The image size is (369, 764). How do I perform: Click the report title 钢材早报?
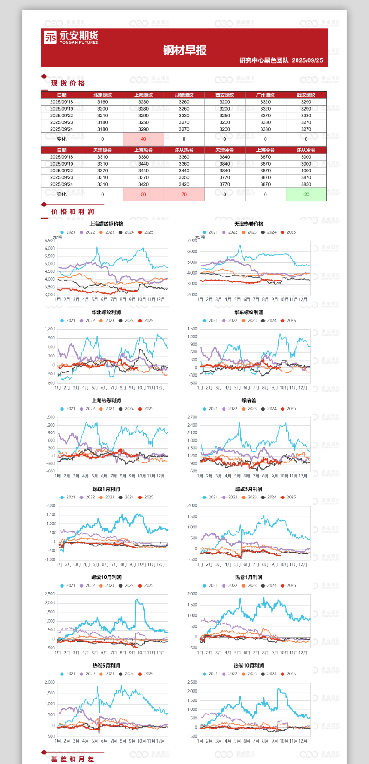point(184,50)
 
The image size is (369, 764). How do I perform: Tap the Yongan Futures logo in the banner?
point(71,37)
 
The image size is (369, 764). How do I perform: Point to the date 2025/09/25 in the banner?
point(307,60)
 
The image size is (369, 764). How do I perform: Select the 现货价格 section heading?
point(68,83)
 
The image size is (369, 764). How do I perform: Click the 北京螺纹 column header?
point(102,95)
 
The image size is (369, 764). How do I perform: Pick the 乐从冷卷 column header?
point(306,150)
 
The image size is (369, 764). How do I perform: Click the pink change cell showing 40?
point(143,139)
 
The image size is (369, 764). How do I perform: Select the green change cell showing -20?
point(306,194)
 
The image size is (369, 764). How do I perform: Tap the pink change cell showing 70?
point(184,194)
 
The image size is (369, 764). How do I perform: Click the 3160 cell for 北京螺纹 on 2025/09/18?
point(102,102)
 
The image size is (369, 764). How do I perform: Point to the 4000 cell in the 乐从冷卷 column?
point(306,171)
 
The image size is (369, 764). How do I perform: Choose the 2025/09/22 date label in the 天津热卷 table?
point(61,171)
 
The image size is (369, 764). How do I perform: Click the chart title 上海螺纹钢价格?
point(106,224)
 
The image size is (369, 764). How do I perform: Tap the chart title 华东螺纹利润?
point(248,312)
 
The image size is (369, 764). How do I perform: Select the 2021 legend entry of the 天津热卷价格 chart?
point(210,232)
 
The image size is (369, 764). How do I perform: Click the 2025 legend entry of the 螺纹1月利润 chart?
point(146,497)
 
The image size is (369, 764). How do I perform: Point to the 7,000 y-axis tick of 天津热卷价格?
point(192,241)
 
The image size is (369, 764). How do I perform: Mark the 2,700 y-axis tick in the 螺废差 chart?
point(192,417)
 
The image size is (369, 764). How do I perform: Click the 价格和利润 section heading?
point(72,211)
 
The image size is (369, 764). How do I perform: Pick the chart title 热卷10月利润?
point(248,666)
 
